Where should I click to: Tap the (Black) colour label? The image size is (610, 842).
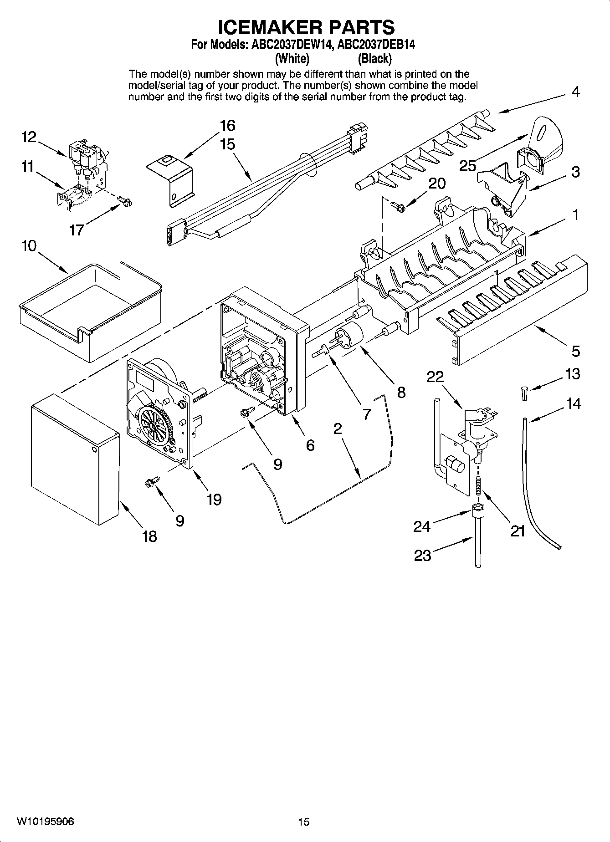click(374, 59)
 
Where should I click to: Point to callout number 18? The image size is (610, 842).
click(149, 536)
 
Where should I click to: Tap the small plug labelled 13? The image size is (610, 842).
click(525, 393)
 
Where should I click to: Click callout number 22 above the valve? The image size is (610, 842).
click(435, 377)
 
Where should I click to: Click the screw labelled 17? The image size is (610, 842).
click(124, 199)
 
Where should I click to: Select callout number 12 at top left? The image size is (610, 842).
click(29, 137)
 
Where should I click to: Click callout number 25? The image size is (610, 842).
click(467, 166)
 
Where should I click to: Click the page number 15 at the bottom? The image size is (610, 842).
click(303, 822)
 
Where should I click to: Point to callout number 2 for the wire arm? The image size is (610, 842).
click(337, 429)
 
